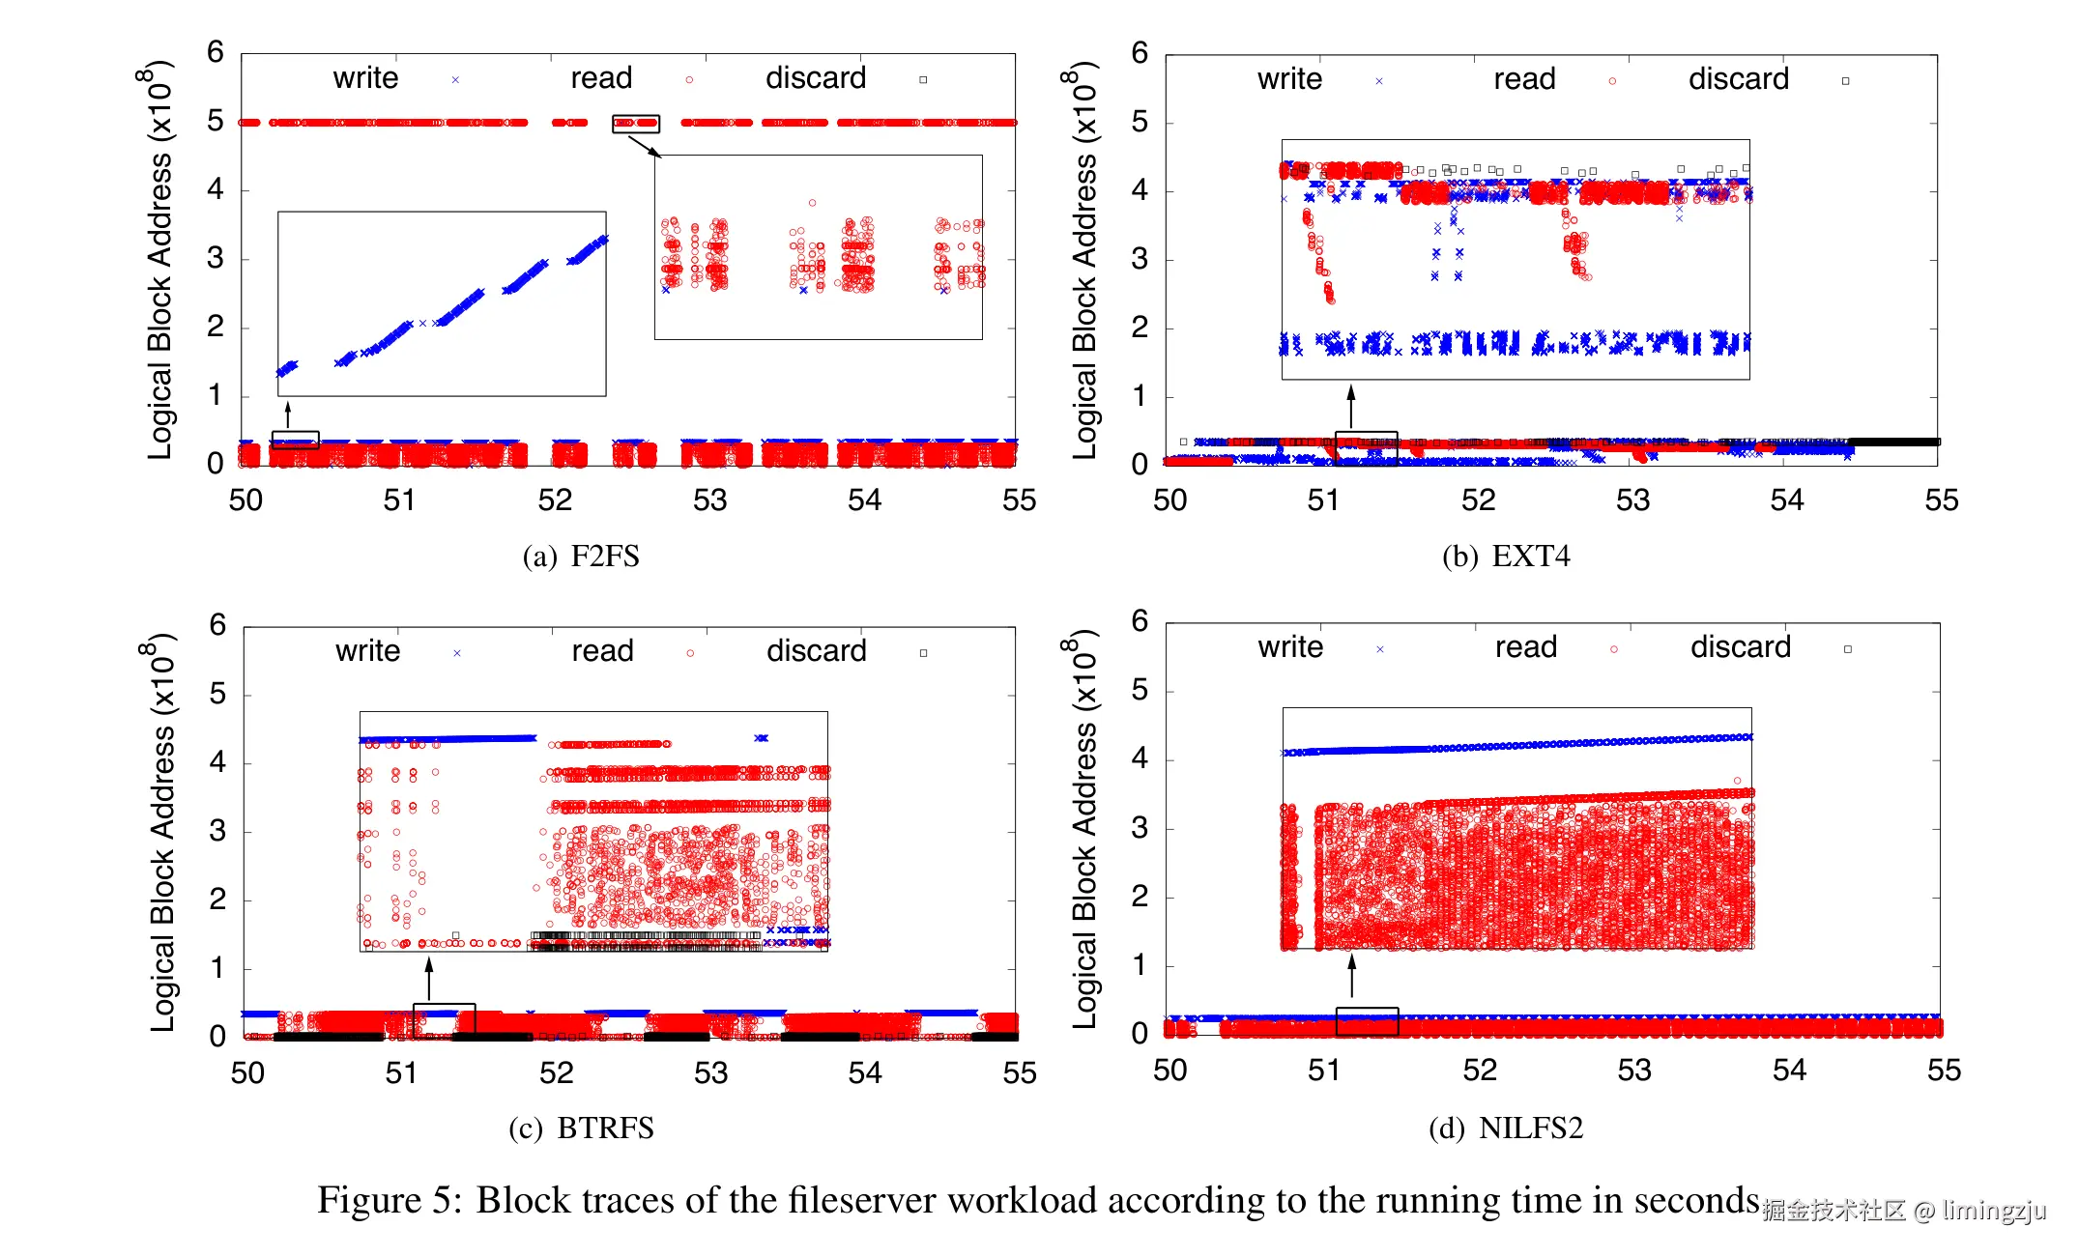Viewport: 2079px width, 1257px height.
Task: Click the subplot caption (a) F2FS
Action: [x=581, y=557]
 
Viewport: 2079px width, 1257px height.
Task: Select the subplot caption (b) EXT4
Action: [x=1505, y=557]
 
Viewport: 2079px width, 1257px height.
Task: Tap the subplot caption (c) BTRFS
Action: [x=581, y=1128]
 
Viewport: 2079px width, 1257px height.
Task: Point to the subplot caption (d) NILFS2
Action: [x=1505, y=1128]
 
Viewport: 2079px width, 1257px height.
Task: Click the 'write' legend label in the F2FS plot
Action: [x=365, y=78]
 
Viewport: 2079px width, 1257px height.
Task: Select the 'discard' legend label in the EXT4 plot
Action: [x=1738, y=79]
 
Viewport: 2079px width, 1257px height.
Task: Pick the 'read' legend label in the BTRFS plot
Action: [x=602, y=651]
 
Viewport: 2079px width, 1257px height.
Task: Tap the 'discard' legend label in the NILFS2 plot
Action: [x=1740, y=647]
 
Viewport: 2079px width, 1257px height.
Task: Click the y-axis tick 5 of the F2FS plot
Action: [x=215, y=121]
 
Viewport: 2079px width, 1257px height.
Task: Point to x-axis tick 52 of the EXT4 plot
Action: [x=1478, y=500]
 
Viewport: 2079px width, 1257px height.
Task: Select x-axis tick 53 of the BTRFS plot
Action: [x=710, y=1073]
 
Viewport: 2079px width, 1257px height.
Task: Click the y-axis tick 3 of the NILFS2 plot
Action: [x=1140, y=828]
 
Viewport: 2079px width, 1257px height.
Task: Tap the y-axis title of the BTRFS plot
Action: [x=161, y=832]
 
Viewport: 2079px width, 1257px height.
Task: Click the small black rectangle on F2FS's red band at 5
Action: [x=636, y=124]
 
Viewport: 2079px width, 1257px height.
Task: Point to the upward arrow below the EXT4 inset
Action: [x=1351, y=406]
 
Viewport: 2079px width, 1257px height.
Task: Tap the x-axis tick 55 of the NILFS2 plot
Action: [x=1943, y=1071]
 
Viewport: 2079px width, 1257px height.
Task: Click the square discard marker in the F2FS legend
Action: [x=923, y=80]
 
